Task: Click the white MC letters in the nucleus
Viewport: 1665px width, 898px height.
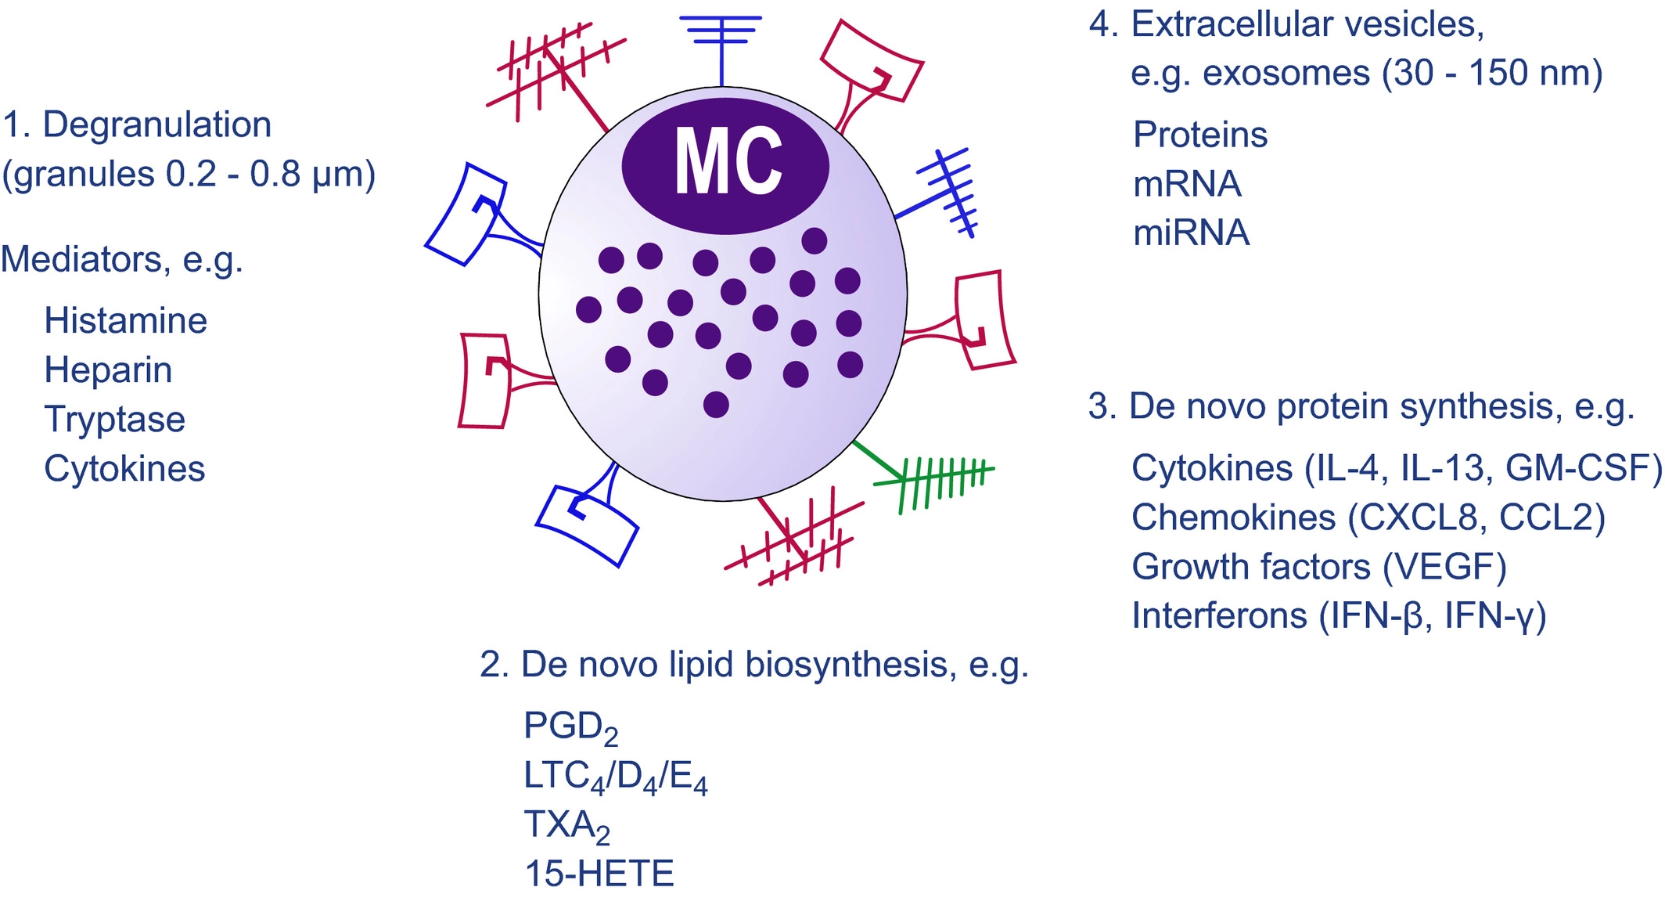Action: click(728, 161)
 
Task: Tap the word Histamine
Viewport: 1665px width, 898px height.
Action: click(125, 321)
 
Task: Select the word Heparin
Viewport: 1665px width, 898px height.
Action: click(108, 370)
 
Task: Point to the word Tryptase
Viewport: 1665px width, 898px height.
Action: click(114, 420)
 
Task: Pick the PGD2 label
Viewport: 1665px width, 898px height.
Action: click(570, 727)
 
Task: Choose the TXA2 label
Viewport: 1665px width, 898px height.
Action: click(566, 825)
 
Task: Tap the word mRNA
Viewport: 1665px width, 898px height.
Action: click(1187, 185)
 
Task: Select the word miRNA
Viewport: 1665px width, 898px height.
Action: click(1191, 233)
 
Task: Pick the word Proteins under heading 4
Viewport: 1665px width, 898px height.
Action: click(1200, 135)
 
